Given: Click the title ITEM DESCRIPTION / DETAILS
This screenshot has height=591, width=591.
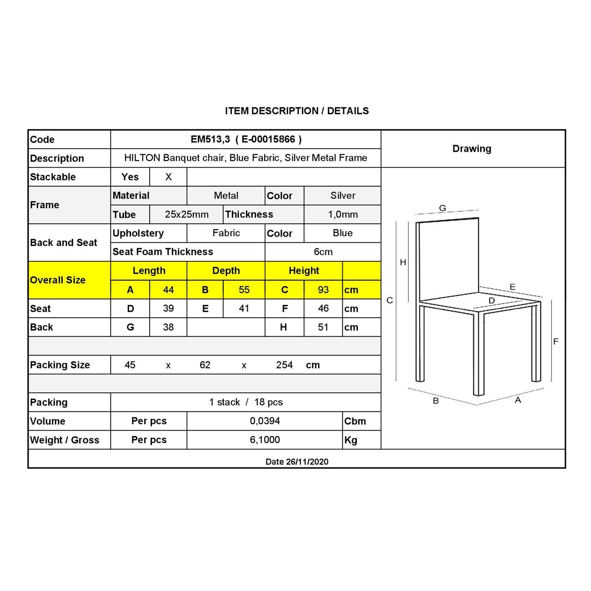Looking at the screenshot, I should click(296, 111).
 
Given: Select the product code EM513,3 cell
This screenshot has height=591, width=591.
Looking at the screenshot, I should click(245, 140).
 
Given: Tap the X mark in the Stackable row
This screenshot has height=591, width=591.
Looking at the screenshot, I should click(168, 177).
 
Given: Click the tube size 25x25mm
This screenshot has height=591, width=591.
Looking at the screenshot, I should click(186, 215).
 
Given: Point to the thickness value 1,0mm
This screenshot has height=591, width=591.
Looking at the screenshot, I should click(343, 215).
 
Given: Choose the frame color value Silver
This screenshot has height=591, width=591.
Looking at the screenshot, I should click(343, 195).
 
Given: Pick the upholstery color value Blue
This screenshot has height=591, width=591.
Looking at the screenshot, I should click(343, 233).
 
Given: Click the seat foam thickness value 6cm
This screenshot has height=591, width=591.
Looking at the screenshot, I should click(323, 252).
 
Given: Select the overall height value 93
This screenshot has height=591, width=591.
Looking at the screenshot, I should click(323, 290).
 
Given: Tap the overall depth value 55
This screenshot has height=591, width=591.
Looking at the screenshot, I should click(244, 290).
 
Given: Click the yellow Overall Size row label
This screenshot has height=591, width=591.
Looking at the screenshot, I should click(58, 280).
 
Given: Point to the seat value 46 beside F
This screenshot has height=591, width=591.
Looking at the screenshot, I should click(323, 309).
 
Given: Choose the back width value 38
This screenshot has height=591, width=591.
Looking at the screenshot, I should click(168, 327).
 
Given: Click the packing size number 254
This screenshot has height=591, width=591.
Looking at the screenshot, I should click(285, 365).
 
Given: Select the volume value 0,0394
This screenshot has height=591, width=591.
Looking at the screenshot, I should click(265, 421).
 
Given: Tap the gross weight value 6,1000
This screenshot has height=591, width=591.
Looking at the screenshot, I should click(265, 440).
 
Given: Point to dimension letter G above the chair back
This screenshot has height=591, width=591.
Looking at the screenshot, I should click(442, 208).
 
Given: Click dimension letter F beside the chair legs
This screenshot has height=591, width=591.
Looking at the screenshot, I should click(556, 341).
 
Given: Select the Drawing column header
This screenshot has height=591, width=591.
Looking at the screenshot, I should click(472, 149).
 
